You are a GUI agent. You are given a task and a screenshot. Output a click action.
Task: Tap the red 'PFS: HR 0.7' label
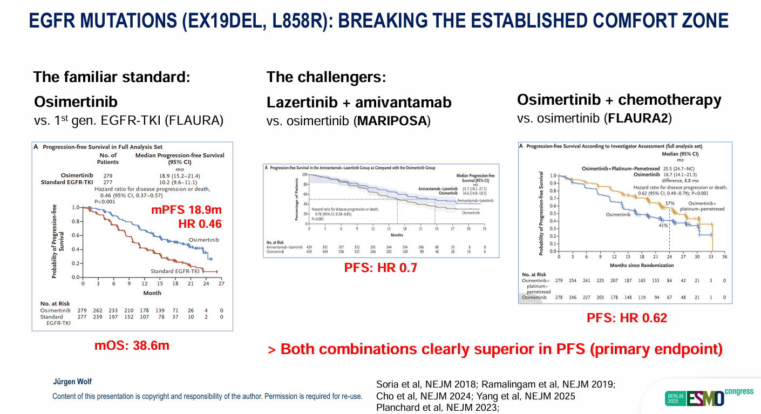click(x=380, y=267)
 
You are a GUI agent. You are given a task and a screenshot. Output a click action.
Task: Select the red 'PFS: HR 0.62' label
click(x=627, y=318)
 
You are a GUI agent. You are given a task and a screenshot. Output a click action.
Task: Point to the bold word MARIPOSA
click(x=392, y=121)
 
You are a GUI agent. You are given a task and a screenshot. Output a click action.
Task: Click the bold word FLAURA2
click(x=639, y=118)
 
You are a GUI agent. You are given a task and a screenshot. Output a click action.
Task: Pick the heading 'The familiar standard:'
click(x=112, y=77)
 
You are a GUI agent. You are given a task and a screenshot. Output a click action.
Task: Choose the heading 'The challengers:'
click(x=327, y=77)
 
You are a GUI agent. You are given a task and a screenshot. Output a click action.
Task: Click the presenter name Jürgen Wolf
click(x=72, y=382)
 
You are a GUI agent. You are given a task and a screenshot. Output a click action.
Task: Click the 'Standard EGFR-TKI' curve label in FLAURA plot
click(x=173, y=271)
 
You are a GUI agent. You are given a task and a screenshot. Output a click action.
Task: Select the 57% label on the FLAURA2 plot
click(x=670, y=203)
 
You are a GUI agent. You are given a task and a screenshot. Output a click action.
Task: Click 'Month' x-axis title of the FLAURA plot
click(x=152, y=293)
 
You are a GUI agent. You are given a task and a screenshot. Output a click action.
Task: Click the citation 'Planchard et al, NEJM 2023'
click(x=437, y=408)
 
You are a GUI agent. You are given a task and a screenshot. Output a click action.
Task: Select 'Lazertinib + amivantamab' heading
click(x=359, y=102)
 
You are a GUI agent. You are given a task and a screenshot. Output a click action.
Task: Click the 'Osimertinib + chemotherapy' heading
click(x=619, y=100)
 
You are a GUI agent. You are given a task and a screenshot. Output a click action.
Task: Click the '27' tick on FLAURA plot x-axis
click(x=221, y=284)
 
